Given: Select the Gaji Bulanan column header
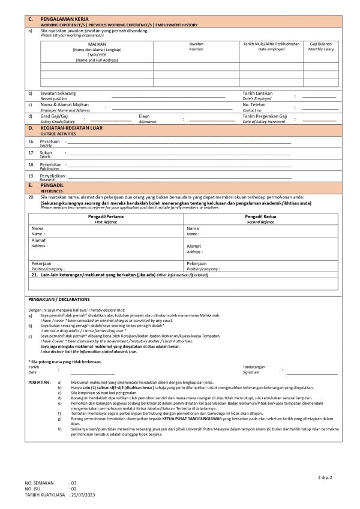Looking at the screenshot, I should (321, 44).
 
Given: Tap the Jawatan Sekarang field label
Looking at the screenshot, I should (58, 94).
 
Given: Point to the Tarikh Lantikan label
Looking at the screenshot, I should (257, 94).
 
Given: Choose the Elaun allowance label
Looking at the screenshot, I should (144, 116).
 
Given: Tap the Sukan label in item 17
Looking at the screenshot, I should (46, 152).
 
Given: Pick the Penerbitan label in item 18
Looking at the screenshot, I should (50, 164).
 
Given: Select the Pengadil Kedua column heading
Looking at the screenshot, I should (260, 216).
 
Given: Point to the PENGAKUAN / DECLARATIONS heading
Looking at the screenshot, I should (59, 299).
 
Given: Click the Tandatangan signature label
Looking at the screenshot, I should (254, 366).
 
